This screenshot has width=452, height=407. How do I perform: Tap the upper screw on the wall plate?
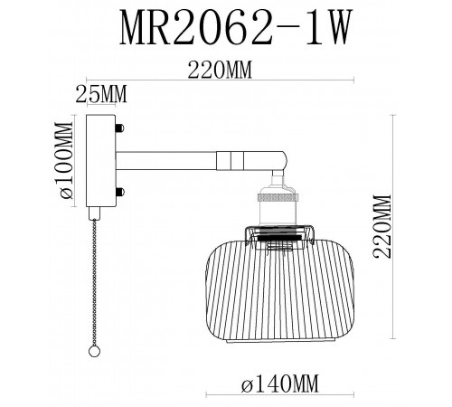pyautogui.click(x=118, y=128)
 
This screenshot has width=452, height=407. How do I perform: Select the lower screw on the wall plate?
pyautogui.click(x=118, y=191)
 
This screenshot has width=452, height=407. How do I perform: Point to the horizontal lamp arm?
pyautogui.click(x=172, y=160)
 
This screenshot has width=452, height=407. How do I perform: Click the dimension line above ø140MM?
pyautogui.click(x=273, y=367)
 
